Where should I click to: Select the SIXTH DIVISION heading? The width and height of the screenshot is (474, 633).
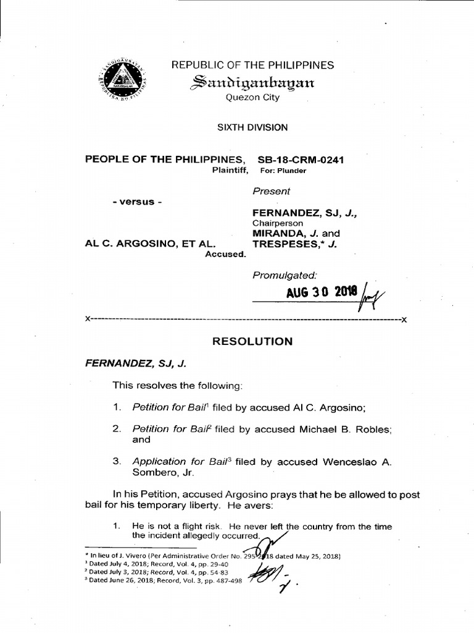coord(252,127)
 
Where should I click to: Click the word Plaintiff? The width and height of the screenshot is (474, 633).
coord(230,170)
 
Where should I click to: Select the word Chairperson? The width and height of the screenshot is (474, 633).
coord(272,223)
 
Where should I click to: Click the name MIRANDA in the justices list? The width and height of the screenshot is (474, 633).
coord(275,233)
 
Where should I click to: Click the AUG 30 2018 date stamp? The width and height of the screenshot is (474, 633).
coord(313,292)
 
